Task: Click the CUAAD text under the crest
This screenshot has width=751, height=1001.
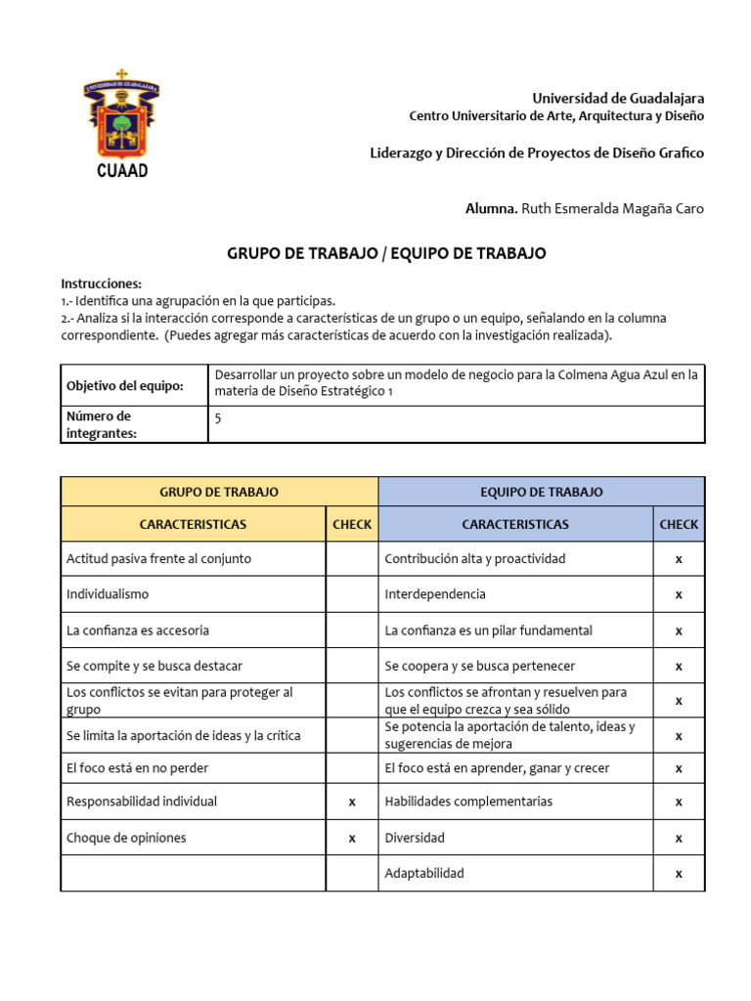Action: click(x=122, y=170)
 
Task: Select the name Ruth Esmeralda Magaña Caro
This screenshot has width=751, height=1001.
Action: click(x=612, y=208)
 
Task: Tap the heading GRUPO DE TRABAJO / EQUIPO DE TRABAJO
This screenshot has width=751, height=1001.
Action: click(x=386, y=253)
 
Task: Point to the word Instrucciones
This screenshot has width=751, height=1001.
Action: click(x=102, y=283)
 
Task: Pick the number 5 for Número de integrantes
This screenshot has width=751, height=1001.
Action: click(x=217, y=416)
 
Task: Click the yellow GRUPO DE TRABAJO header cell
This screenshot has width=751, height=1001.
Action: click(x=219, y=492)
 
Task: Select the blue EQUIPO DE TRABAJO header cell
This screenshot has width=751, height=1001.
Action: click(x=541, y=492)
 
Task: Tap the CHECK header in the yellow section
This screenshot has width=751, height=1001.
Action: click(x=352, y=524)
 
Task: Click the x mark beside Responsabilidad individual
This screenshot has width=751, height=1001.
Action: click(x=352, y=802)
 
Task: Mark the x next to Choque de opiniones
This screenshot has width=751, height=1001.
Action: click(x=352, y=838)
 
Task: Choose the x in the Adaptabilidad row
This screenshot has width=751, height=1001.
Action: click(x=679, y=873)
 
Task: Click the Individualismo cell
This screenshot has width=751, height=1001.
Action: click(x=108, y=594)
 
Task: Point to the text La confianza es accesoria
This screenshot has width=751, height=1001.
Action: click(x=138, y=631)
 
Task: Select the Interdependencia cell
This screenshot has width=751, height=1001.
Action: click(x=435, y=594)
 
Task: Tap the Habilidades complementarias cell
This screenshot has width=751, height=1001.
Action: click(x=468, y=802)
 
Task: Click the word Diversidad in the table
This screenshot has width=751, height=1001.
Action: click(x=415, y=838)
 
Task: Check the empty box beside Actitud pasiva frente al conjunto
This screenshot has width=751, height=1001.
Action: click(x=352, y=559)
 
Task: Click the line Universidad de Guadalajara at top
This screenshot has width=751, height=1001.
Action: click(x=617, y=98)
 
